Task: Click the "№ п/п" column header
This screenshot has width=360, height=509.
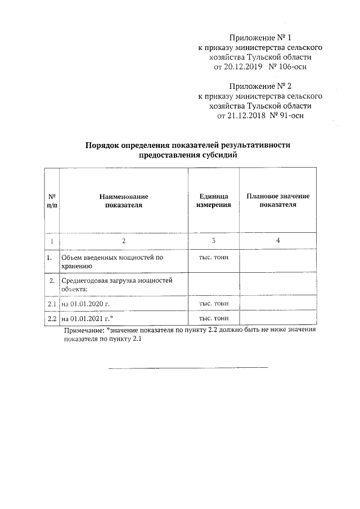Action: [x=51, y=201]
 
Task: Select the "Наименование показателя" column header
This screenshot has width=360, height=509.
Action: [x=123, y=201]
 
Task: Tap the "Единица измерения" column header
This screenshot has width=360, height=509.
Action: [x=213, y=201]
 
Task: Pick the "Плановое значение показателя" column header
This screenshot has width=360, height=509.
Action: [x=278, y=201]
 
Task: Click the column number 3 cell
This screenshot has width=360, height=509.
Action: [x=213, y=241]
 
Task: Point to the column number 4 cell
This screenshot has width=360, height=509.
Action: [x=278, y=241]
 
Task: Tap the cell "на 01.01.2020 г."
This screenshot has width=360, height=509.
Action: [x=84, y=304]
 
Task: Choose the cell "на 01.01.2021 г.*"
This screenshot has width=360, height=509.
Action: [x=87, y=319]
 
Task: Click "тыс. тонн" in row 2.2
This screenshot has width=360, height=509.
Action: [x=213, y=319]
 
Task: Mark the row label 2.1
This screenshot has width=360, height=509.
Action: [x=51, y=304]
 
